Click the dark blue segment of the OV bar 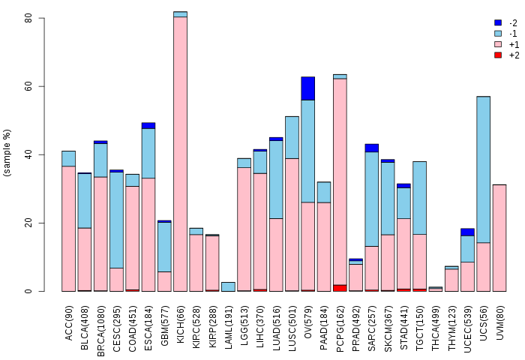tap(307, 88)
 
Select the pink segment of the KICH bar tap(180, 154)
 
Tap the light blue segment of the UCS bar tap(484, 169)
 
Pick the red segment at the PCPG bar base tap(340, 288)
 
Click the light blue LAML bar tap(228, 286)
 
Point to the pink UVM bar tap(499, 238)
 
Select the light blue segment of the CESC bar tap(116, 220)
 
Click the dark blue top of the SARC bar tap(372, 148)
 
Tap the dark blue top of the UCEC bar tap(467, 232)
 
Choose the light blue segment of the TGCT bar tap(419, 198)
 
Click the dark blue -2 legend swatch tap(498, 22)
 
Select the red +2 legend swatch tap(498, 55)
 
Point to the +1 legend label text tap(514, 44)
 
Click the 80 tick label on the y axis tap(28, 18)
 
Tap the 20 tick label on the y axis tap(28, 223)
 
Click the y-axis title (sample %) tap(7, 153)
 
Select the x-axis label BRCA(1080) tap(100, 331)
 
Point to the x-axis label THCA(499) tap(435, 328)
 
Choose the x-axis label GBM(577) tap(164, 325)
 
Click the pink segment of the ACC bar tap(69, 229)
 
